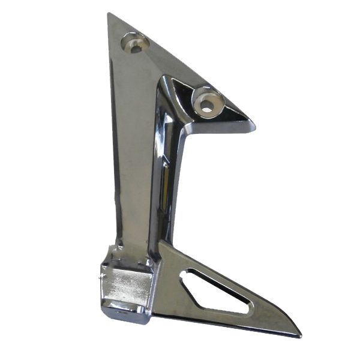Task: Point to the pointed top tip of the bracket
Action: tap(109, 14)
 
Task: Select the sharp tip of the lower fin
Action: tap(298, 334)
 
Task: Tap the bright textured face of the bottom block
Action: tap(123, 284)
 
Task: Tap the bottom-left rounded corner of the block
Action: tap(108, 315)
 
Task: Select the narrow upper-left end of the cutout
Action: tap(187, 273)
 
